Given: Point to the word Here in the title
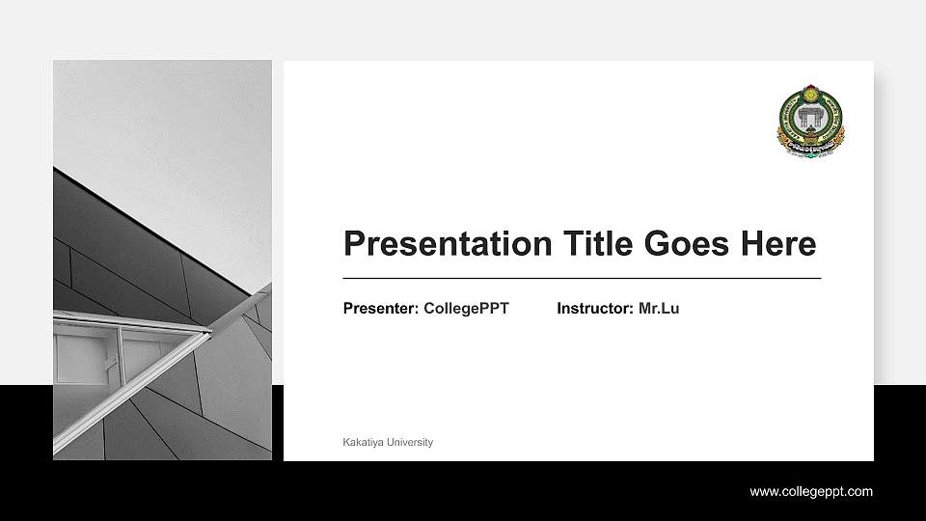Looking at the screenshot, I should point(778,244).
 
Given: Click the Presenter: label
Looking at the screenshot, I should point(381,309).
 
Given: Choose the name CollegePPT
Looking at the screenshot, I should point(466,309).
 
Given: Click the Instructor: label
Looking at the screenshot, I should point(595,309).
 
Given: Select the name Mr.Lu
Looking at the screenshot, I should point(659,309).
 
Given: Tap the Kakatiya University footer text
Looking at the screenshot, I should point(388,442).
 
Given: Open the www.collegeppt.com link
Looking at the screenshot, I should point(811,492).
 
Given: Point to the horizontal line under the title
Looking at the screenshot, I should point(582,278).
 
